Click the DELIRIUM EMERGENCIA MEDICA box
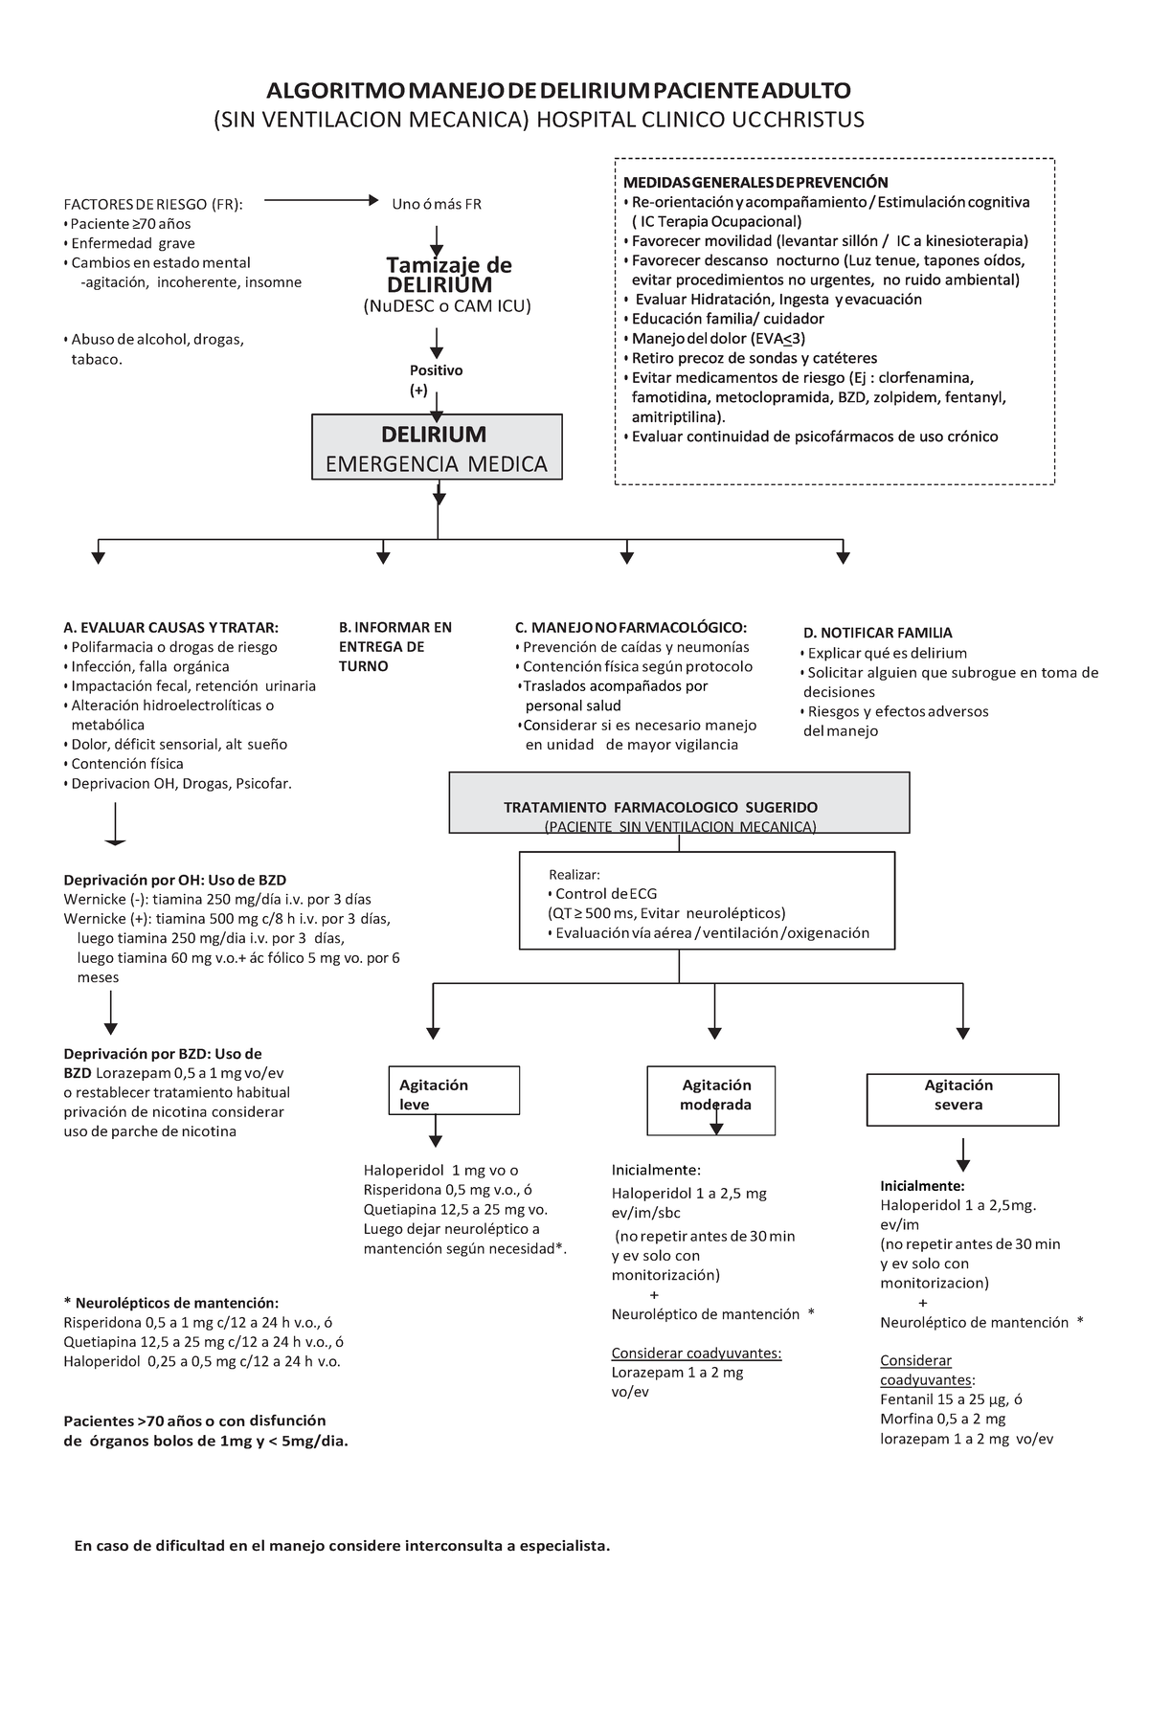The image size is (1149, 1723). (x=438, y=447)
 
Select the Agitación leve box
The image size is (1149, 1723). (x=454, y=1090)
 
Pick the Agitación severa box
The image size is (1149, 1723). (x=962, y=1099)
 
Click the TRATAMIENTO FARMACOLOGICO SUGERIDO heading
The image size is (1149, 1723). (x=661, y=807)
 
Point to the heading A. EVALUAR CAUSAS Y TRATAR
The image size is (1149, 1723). (x=171, y=628)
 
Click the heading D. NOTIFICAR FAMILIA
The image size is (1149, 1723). (x=878, y=633)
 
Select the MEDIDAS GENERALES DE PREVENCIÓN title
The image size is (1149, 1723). (x=755, y=183)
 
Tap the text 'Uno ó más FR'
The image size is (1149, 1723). (x=437, y=204)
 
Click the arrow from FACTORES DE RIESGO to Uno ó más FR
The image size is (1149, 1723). (x=322, y=201)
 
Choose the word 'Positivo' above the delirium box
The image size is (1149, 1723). (x=437, y=370)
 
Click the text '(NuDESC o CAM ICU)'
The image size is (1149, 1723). (x=446, y=306)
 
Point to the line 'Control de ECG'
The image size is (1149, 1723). (x=606, y=894)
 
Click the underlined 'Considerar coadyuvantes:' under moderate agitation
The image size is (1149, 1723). (x=696, y=1353)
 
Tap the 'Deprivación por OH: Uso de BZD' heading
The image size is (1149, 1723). (x=175, y=880)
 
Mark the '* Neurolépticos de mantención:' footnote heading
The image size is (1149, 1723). (x=171, y=1303)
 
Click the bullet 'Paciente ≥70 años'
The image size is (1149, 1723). (x=131, y=224)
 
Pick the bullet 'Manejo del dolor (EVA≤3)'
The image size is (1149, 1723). (x=718, y=339)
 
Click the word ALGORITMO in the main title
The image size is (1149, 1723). (x=334, y=91)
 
